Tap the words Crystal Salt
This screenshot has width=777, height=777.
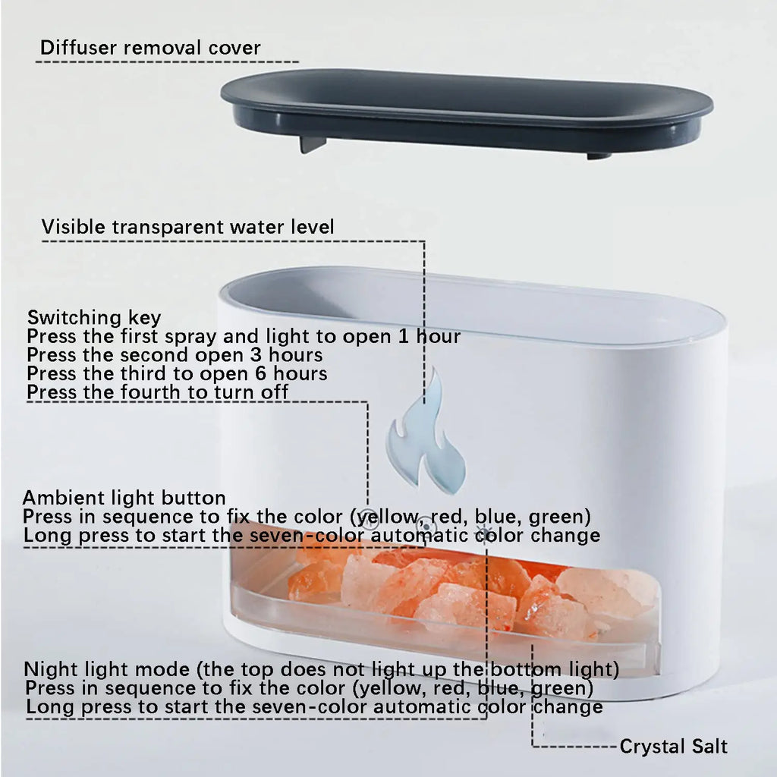[673, 746]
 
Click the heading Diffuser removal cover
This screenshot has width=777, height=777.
[150, 48]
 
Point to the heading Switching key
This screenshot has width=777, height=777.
[94, 317]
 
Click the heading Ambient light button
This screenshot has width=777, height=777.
[124, 498]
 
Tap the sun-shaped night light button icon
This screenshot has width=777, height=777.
[483, 530]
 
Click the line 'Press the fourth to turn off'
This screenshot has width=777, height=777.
[158, 392]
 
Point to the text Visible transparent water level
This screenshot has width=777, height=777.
[187, 226]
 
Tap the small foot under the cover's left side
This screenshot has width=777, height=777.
[312, 143]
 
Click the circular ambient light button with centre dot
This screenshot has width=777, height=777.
[427, 525]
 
